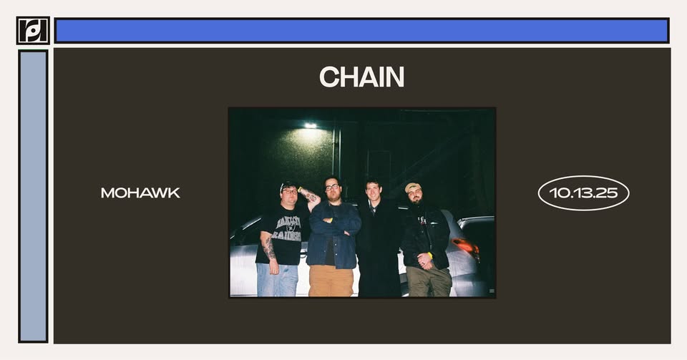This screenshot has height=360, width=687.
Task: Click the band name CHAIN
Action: [x=361, y=77]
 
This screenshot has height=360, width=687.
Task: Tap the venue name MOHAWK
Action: [x=140, y=193]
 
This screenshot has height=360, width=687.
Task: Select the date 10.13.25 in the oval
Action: [x=583, y=193]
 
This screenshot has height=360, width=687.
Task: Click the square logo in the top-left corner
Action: [x=33, y=30]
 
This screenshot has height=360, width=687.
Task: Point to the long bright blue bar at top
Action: [x=361, y=30]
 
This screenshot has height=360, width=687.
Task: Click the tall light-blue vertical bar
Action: [x=33, y=196]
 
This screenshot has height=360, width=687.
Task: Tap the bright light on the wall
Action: [x=310, y=126]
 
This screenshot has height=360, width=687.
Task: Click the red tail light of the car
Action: [x=466, y=247]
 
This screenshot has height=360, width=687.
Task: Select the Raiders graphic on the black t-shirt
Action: [x=286, y=228]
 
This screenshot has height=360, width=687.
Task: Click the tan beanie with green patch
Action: [x=412, y=187]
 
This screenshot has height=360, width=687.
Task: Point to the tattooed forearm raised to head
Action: [x=310, y=195]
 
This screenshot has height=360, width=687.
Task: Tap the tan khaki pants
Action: [x=331, y=281]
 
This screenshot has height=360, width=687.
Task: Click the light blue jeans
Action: [x=277, y=279]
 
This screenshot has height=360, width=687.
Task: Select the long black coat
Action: [x=379, y=249]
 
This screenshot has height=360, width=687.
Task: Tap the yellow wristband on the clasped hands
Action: [x=430, y=256]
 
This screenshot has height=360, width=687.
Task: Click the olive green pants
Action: [x=429, y=281]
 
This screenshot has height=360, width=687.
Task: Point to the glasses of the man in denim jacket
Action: [x=331, y=188]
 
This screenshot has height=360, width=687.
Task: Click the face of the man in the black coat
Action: [x=374, y=191]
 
